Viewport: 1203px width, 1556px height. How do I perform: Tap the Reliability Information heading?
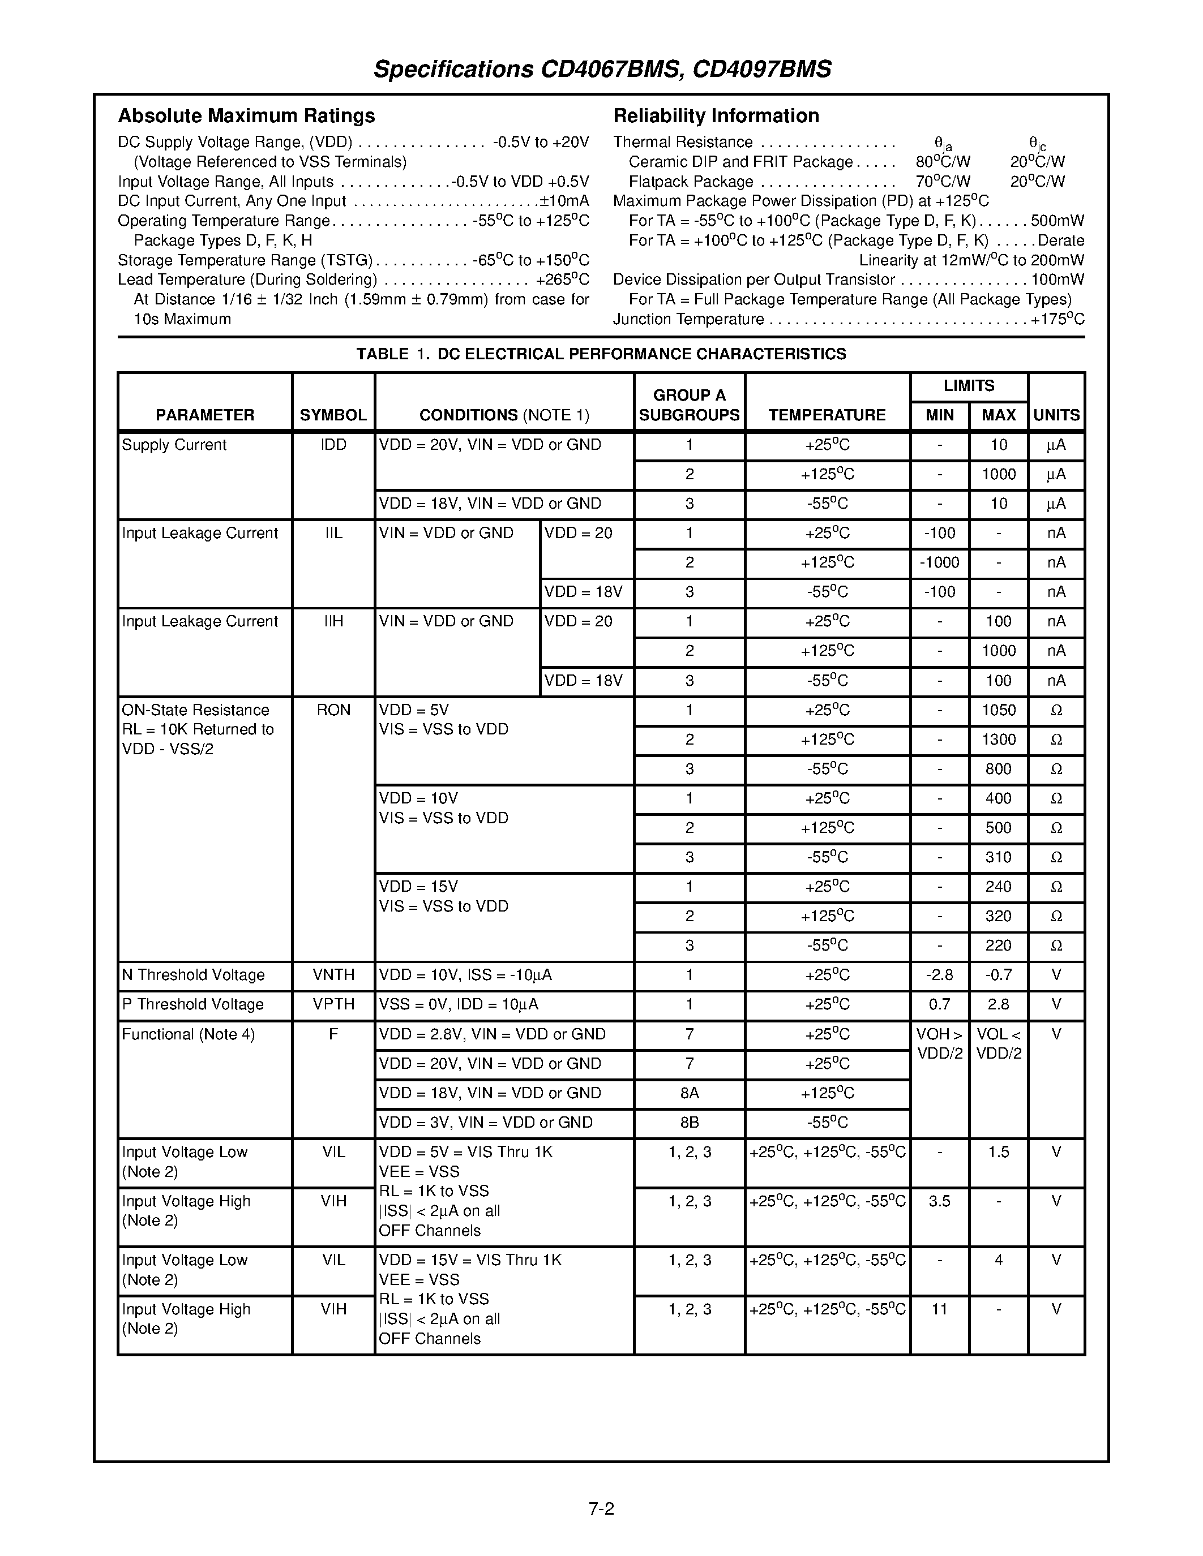716,115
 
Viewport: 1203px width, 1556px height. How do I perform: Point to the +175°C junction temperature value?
1058,319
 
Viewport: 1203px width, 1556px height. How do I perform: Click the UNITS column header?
1056,415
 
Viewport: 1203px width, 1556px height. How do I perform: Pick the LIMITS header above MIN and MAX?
969,386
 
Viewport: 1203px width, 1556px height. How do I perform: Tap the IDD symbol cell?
333,445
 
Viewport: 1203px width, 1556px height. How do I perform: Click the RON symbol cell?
333,710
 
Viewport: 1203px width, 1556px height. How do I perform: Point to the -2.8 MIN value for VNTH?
939,975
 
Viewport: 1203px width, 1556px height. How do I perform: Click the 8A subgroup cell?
689,1093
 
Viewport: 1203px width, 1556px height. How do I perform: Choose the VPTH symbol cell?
333,1004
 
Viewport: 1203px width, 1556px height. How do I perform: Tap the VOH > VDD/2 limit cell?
939,1044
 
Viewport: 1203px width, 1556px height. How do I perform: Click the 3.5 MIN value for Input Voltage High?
939,1201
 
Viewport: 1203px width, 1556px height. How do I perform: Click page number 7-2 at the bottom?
601,1509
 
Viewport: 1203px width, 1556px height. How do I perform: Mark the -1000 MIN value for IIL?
939,563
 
